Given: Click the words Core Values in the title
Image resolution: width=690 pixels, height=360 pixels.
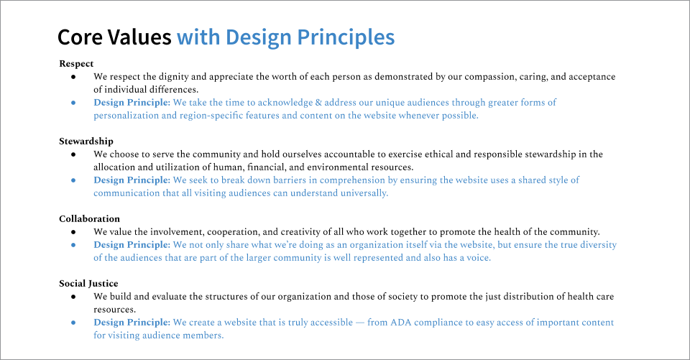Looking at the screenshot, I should [114, 37].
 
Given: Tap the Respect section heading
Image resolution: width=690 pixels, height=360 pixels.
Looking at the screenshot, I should [76, 63].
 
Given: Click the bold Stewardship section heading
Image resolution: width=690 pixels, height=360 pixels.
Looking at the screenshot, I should [86, 141].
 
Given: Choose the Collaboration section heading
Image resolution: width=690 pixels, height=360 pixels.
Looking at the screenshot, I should [89, 218].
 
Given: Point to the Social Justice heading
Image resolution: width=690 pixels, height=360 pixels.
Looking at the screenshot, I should [88, 283].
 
